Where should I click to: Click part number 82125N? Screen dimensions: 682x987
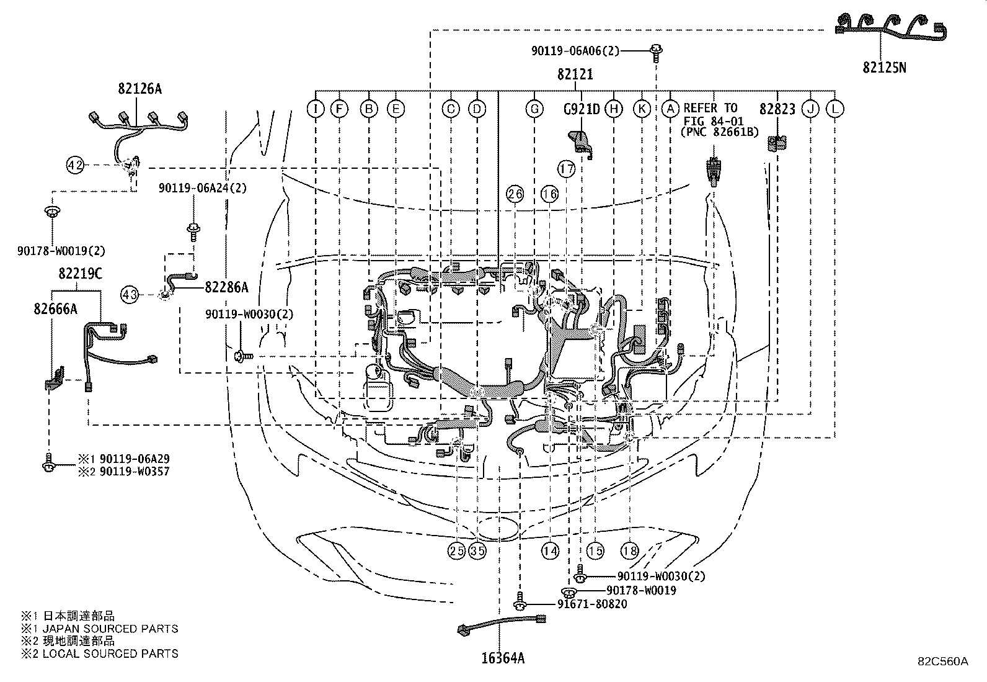[883, 67]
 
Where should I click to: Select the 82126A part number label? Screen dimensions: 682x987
[139, 89]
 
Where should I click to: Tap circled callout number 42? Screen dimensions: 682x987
[75, 165]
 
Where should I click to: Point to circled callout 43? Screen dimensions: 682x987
[130, 294]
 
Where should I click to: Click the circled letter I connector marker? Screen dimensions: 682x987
[316, 109]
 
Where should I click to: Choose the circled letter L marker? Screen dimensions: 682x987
[835, 109]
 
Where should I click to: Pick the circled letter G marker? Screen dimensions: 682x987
[533, 109]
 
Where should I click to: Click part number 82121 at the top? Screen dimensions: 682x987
[575, 75]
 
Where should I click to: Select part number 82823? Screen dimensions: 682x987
[777, 109]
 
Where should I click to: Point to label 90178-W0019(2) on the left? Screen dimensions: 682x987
[61, 251]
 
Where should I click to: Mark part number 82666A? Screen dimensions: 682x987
[55, 308]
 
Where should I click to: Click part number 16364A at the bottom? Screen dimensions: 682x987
[503, 658]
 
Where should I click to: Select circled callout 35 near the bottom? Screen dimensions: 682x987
[477, 550]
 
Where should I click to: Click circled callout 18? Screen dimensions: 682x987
[630, 550]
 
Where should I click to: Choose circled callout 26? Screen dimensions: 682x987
[515, 194]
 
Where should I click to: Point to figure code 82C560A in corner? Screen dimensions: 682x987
[943, 662]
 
